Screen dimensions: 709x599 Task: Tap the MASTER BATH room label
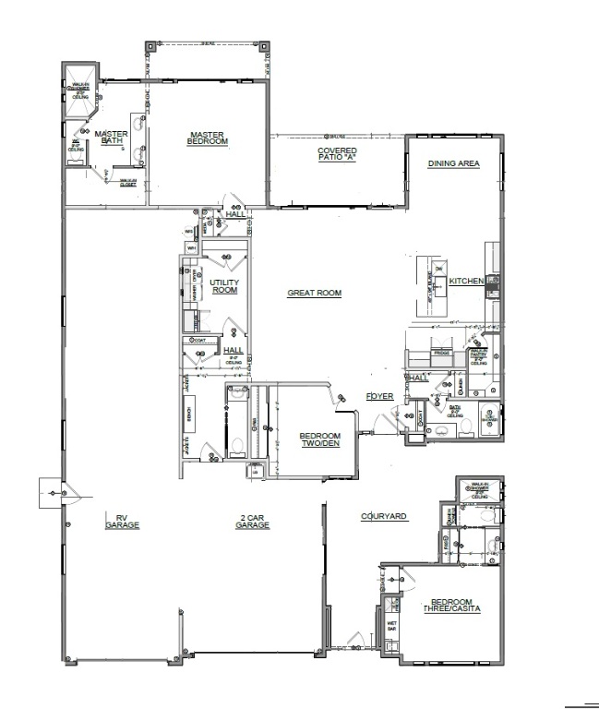pyautogui.click(x=111, y=137)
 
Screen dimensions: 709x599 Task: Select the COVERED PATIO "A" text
pyautogui.click(x=337, y=154)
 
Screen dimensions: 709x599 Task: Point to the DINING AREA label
pyautogui.click(x=453, y=163)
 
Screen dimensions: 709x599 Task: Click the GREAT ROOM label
pyautogui.click(x=314, y=294)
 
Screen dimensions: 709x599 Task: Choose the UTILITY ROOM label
pyautogui.click(x=224, y=285)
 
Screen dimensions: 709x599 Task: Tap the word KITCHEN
pyautogui.click(x=466, y=281)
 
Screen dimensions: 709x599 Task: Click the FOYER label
pyautogui.click(x=379, y=396)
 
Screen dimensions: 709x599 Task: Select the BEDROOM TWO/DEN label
pyautogui.click(x=319, y=440)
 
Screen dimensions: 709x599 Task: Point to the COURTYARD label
pyautogui.click(x=384, y=517)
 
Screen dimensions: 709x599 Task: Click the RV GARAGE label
pyautogui.click(x=120, y=521)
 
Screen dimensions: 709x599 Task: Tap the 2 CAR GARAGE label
pyautogui.click(x=251, y=521)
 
